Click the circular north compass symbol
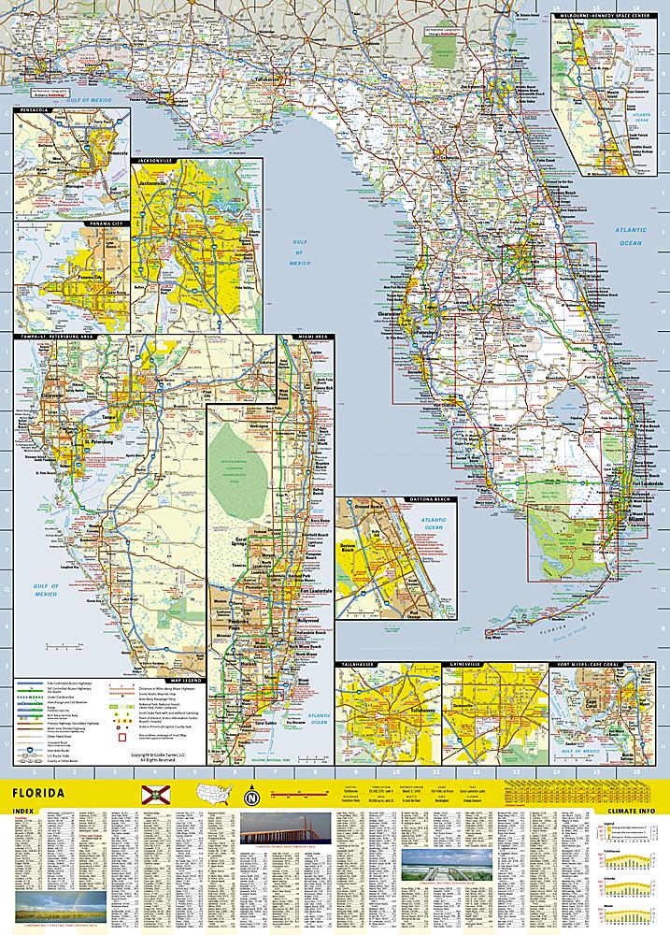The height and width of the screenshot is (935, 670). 250,797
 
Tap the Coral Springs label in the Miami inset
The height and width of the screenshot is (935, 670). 222,540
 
